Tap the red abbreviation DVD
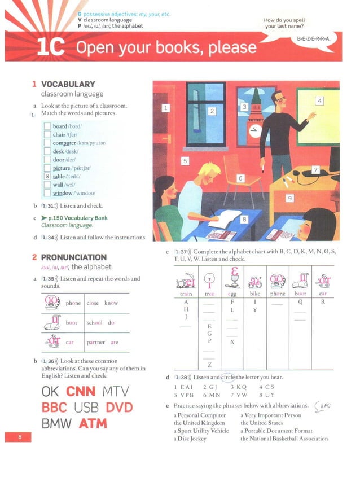click(124, 407)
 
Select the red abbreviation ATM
click(93, 423)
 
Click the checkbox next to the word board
click(47, 126)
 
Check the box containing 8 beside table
click(47, 176)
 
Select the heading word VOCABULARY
click(68, 84)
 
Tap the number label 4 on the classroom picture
click(319, 101)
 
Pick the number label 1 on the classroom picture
click(165, 107)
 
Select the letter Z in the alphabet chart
click(209, 364)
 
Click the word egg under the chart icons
click(232, 294)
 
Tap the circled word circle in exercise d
click(227, 377)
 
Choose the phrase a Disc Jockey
click(190, 439)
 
